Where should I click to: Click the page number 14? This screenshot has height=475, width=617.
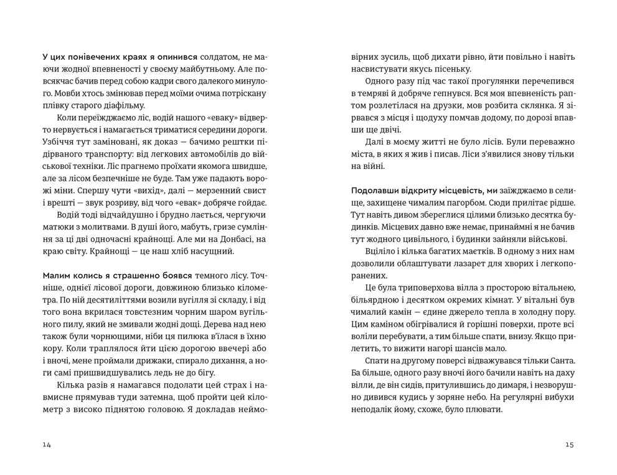[47, 444]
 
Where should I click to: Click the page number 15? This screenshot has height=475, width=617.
[569, 444]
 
